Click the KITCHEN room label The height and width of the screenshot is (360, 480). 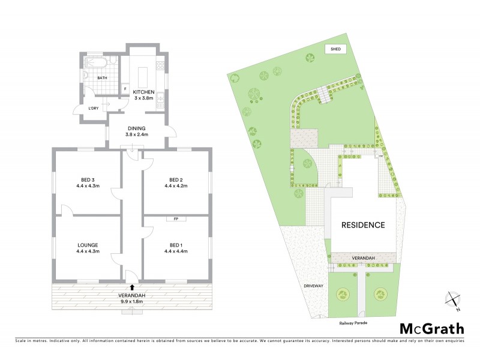pos(143,92)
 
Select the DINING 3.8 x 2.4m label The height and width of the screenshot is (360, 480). pos(136,131)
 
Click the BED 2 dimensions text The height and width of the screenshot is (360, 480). pos(175,186)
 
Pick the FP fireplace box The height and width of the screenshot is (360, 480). pos(176,219)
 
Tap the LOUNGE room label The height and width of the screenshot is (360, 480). pos(88,244)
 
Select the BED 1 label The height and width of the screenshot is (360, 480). pos(175,244)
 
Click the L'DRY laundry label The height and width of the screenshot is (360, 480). pos(93,107)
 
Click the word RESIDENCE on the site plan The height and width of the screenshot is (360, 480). pos(363,225)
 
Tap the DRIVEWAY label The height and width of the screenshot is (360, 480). pos(313,286)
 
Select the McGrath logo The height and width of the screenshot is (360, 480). pos(431,328)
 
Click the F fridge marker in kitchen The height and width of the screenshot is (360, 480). pos(124,89)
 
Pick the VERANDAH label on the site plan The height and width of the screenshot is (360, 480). pos(363,258)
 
